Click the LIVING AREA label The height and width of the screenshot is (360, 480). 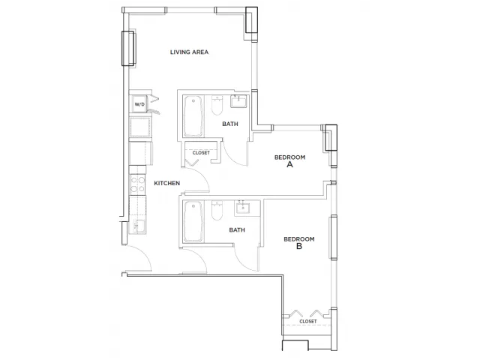pyautogui.click(x=189, y=52)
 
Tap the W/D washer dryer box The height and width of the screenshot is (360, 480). pyautogui.click(x=139, y=104)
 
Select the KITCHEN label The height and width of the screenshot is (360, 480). pyautogui.click(x=166, y=183)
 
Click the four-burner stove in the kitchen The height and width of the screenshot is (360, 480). pyautogui.click(x=137, y=184)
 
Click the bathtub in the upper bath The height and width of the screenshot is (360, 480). pyautogui.click(x=193, y=116)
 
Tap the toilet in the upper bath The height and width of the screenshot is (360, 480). pyautogui.click(x=217, y=105)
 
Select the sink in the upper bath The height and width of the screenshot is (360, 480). pyautogui.click(x=238, y=101)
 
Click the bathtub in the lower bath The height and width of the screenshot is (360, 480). pyautogui.click(x=193, y=221)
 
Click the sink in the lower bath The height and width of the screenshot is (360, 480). pyautogui.click(x=242, y=208)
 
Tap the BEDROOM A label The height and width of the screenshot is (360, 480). pyautogui.click(x=289, y=161)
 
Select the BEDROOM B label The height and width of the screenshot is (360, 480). pyautogui.click(x=299, y=242)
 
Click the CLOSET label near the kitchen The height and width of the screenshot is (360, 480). pyautogui.click(x=201, y=152)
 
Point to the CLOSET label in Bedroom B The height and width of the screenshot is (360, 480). pyautogui.click(x=308, y=322)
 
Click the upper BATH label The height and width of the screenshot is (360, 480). pyautogui.click(x=230, y=124)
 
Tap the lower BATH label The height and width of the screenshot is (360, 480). pyautogui.click(x=237, y=230)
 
